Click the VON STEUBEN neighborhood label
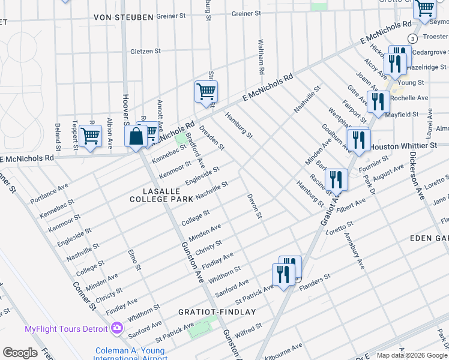point(123,17)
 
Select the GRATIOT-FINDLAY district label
point(217,312)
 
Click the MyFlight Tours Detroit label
point(65,329)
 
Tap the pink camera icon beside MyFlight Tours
point(116,328)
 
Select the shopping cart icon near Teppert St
point(90,136)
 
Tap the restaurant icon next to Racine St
point(336,179)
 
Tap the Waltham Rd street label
point(261,58)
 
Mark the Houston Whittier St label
point(403,146)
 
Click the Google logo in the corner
point(20,353)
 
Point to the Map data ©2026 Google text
point(411,355)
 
